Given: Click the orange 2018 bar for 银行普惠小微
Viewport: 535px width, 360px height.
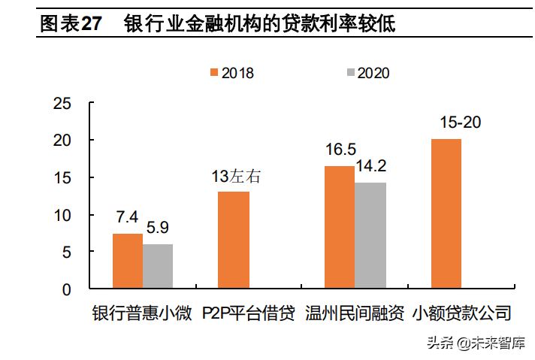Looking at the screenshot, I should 128,261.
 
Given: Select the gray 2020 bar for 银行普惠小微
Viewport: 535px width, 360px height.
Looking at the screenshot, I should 158,266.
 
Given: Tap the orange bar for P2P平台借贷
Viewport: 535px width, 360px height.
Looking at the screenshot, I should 234,240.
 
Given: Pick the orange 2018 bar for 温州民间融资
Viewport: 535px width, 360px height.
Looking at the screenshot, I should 340,227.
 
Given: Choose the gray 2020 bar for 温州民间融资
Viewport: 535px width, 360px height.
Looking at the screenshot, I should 370,235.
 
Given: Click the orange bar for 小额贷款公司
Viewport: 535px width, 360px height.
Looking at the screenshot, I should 446,213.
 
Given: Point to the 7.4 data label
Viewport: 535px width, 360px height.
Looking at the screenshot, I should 127,218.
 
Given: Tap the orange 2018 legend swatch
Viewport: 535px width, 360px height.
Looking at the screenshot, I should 213,72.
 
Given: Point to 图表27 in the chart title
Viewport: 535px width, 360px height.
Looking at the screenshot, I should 70,24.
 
